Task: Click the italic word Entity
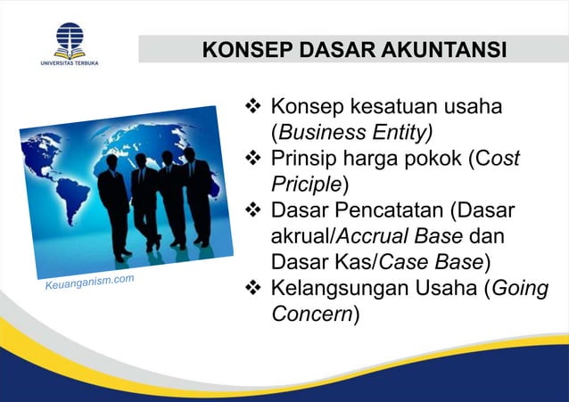(x=401, y=134)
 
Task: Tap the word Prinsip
(x=304, y=160)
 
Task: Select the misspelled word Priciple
(x=306, y=185)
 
